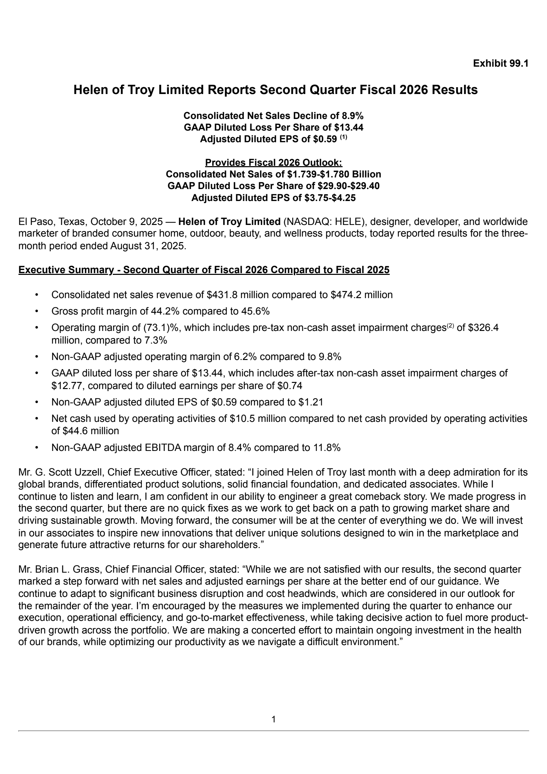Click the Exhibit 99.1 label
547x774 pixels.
tap(501, 63)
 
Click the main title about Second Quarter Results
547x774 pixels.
tap(276, 90)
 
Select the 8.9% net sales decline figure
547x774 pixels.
tap(352, 116)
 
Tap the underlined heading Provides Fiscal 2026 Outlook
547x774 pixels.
tap(273, 162)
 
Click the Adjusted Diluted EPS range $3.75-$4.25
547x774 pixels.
tap(330, 198)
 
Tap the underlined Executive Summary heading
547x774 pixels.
tap(204, 270)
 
